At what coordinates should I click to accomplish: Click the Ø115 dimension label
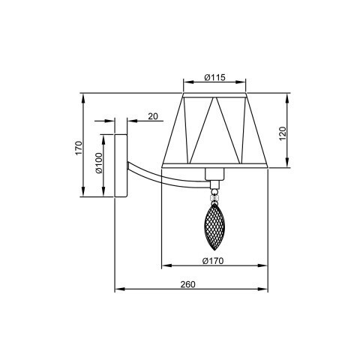[214, 78]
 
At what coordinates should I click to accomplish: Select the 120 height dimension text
[283, 135]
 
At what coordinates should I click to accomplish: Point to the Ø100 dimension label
[98, 163]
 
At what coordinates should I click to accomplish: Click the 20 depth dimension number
[152, 116]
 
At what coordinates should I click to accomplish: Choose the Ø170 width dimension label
[214, 261]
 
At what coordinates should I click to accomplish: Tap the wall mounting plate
[120, 164]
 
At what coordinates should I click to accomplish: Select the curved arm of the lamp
[161, 173]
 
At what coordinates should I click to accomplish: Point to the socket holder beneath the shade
[215, 177]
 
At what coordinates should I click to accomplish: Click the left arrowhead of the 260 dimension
[116, 289]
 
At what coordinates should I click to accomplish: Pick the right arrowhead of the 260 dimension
[265, 289]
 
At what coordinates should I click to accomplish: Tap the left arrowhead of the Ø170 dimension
[164, 266]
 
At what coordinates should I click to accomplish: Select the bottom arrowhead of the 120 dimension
[289, 165]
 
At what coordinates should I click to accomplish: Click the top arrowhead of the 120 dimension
[289, 97]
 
